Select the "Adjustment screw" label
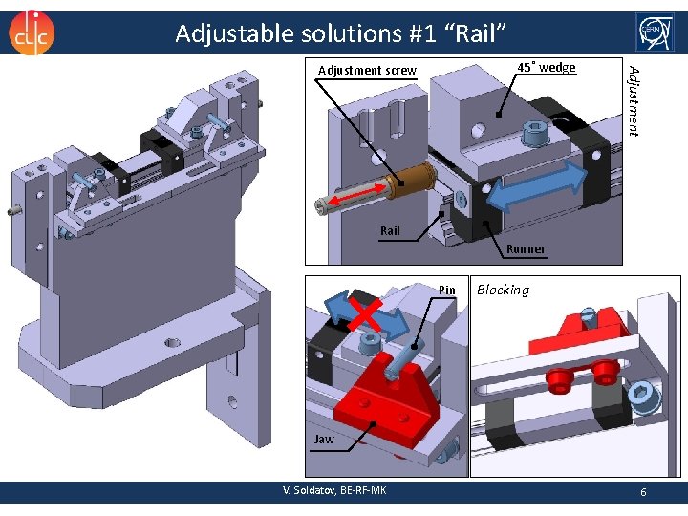click(367, 70)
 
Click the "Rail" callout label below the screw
click(390, 230)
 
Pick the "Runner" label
click(527, 249)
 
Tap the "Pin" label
click(447, 290)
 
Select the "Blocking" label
click(503, 290)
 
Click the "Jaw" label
click(325, 439)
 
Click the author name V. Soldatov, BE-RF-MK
click(334, 490)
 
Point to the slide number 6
click(644, 490)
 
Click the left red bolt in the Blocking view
click(558, 380)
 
